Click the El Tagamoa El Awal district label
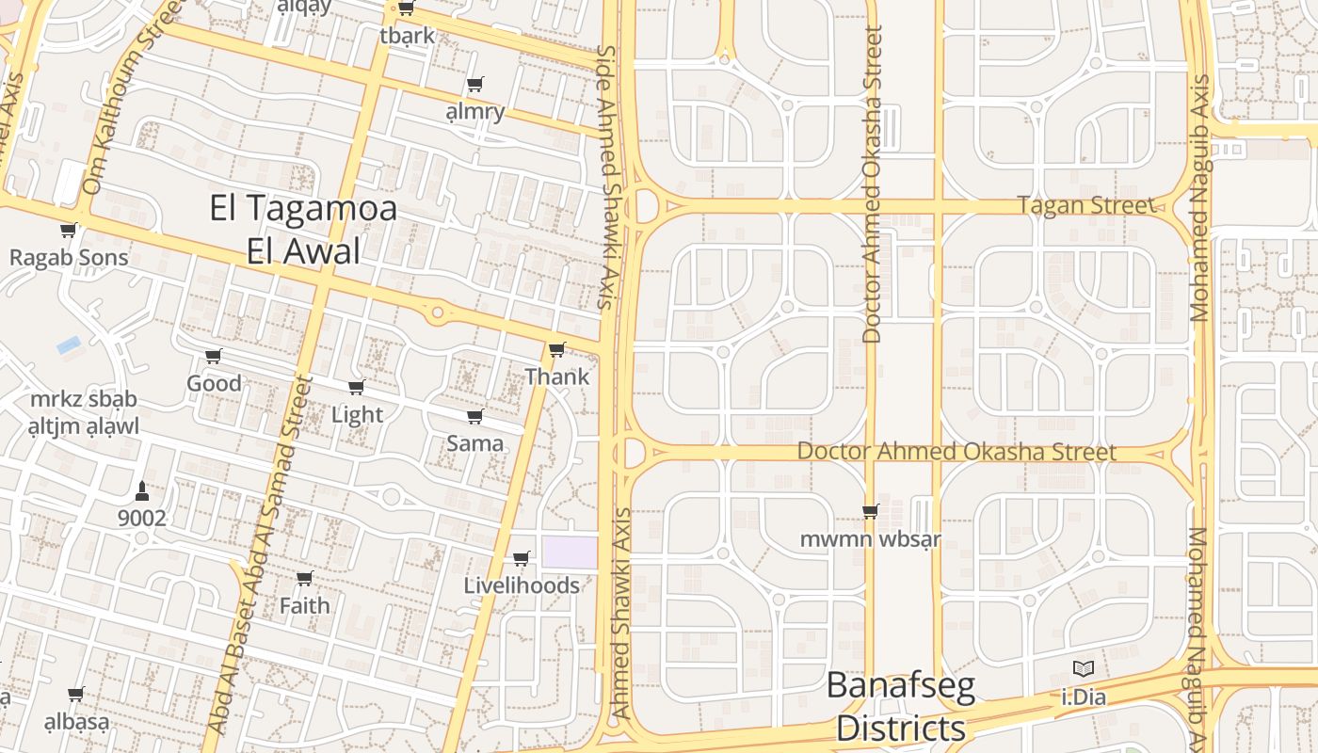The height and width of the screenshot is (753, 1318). point(303,230)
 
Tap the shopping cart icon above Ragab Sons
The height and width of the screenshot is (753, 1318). point(68,230)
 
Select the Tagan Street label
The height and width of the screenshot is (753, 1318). point(1086,205)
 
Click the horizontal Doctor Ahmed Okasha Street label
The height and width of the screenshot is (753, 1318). point(956,452)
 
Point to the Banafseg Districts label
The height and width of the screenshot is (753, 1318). point(901,706)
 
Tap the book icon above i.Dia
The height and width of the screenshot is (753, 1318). point(1084,669)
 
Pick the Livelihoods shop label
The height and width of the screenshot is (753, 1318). point(522,585)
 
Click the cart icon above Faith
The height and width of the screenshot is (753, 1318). point(304,578)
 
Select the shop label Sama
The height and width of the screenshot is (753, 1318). point(474,442)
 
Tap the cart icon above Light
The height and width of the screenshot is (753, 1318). point(357,387)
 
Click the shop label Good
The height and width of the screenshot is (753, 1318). point(214,383)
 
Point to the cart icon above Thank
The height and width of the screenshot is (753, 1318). point(557,350)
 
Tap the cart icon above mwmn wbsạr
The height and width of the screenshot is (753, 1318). point(871,511)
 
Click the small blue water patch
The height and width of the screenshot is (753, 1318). point(69,344)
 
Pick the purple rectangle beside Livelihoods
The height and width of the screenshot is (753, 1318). point(569,553)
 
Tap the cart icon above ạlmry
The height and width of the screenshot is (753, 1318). point(475,85)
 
